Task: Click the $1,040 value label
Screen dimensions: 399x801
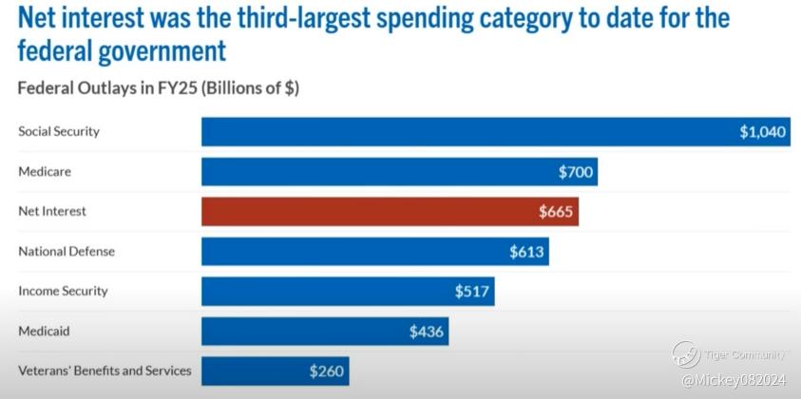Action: [x=763, y=132]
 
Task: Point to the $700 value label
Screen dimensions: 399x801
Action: [x=576, y=172]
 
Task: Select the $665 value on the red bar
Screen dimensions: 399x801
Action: [x=556, y=212]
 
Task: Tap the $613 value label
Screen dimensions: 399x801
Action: [x=526, y=252]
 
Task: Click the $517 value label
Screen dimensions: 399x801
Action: [x=471, y=292]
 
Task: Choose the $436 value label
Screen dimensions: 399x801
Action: [x=427, y=332]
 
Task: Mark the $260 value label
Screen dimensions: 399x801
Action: [x=326, y=371]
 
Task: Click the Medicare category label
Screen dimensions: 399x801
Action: [x=45, y=172]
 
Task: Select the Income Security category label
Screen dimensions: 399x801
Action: [x=63, y=292]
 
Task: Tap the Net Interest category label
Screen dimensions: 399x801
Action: [x=52, y=212]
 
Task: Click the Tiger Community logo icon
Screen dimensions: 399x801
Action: [x=686, y=354]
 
